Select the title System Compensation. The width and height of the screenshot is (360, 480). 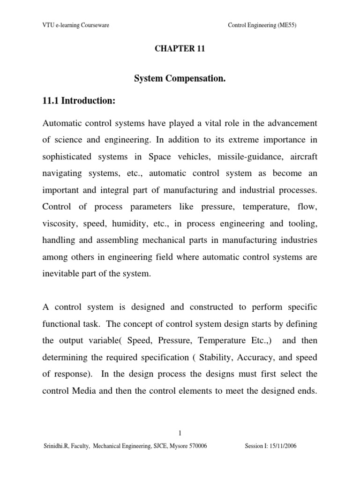click(180, 80)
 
